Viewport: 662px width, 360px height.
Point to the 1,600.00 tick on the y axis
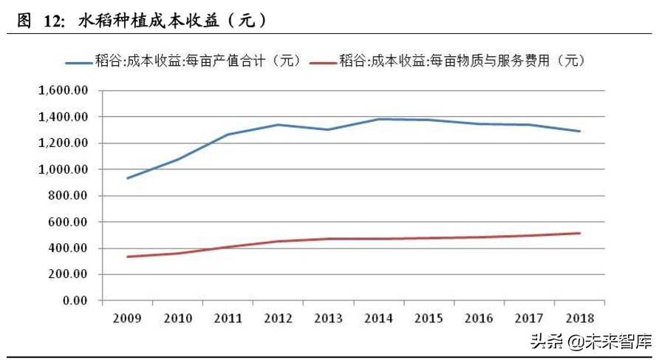pyautogui.click(x=63, y=91)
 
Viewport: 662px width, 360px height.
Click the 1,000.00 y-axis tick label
pyautogui.click(x=63, y=169)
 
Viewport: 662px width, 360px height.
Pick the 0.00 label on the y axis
pyautogui.click(x=73, y=301)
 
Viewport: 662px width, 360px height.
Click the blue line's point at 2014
pyautogui.click(x=379, y=119)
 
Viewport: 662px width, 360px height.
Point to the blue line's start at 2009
pyautogui.click(x=129, y=178)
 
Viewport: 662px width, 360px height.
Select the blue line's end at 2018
pyautogui.click(x=580, y=132)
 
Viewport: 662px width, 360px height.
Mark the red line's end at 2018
pyautogui.click(x=580, y=234)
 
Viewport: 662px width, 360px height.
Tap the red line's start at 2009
pyautogui.click(x=129, y=257)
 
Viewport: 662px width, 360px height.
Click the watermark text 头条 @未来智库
pyautogui.click(x=598, y=342)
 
